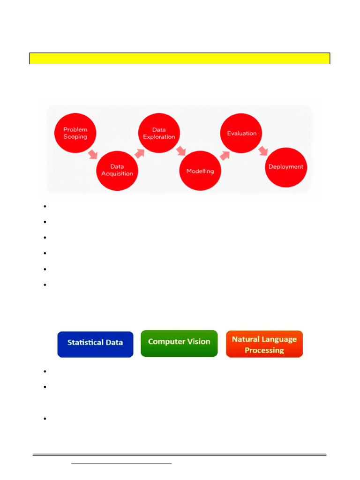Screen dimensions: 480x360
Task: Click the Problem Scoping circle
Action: click(x=75, y=133)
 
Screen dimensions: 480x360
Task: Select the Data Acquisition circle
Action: click(x=117, y=170)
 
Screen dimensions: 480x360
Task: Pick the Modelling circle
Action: click(x=200, y=171)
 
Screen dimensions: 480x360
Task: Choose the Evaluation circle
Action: click(x=241, y=133)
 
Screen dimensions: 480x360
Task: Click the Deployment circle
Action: click(x=285, y=167)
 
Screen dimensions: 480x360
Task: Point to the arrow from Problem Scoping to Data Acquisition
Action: click(x=94, y=153)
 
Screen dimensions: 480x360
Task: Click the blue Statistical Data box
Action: click(x=95, y=344)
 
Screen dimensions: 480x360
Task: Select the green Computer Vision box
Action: click(x=179, y=343)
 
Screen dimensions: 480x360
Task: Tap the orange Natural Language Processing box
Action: click(x=264, y=344)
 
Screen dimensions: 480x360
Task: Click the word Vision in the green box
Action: click(x=199, y=342)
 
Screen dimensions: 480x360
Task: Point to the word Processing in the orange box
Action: click(x=264, y=350)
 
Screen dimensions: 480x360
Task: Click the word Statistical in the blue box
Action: click(x=85, y=343)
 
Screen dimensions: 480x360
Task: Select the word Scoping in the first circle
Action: click(x=75, y=137)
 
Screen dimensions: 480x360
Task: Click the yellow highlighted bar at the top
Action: click(x=180, y=58)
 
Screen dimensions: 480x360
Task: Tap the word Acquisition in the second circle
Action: click(x=117, y=173)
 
